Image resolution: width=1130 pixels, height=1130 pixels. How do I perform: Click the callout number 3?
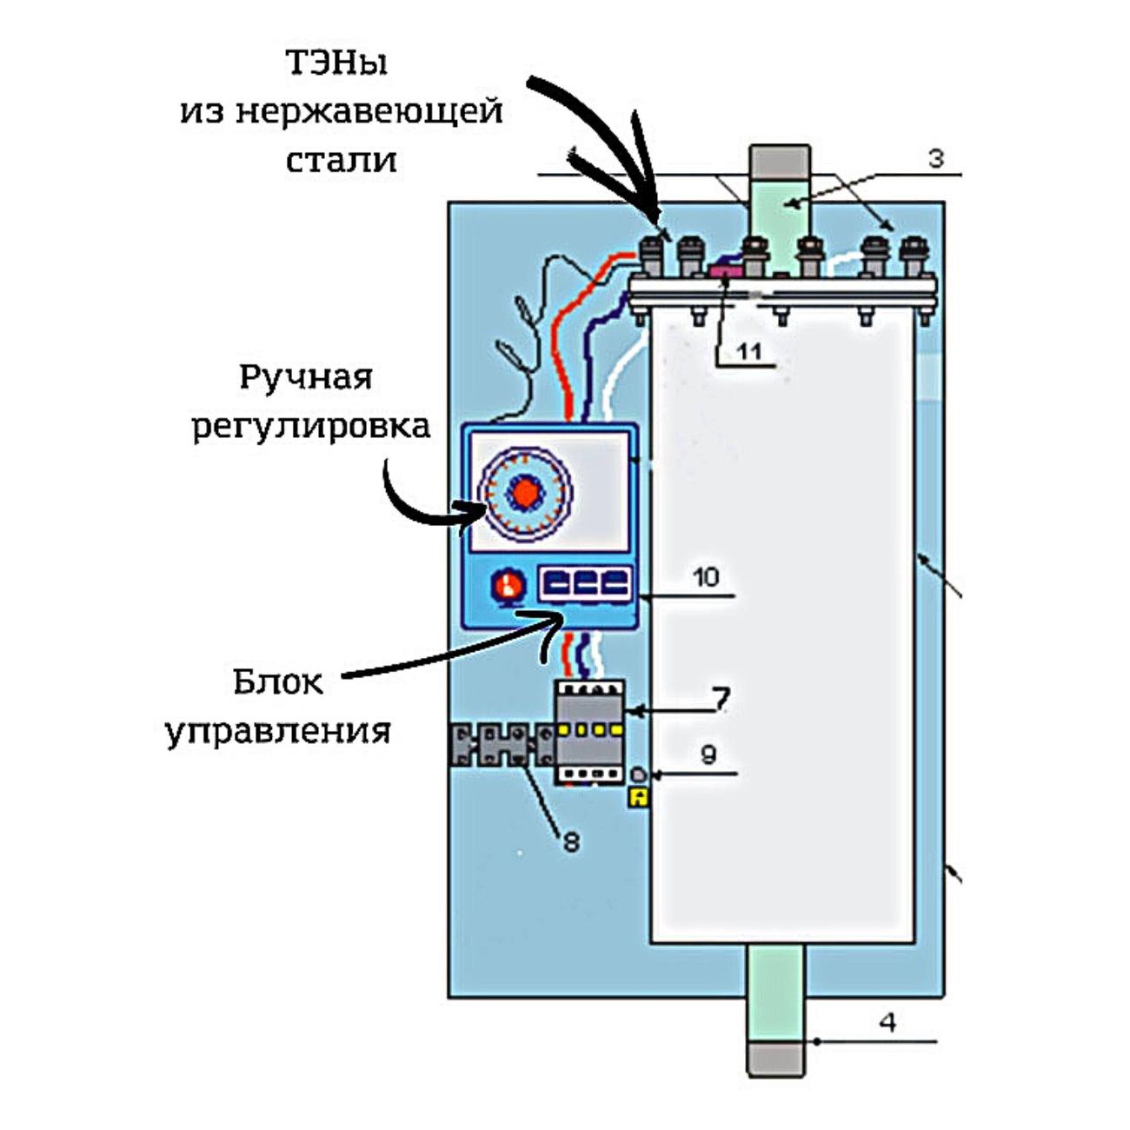tap(935, 159)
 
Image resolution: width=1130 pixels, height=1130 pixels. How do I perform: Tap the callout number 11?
tap(749, 350)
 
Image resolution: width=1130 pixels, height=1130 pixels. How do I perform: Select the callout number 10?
tap(706, 577)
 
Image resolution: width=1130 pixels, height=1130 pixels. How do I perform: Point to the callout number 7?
tap(721, 698)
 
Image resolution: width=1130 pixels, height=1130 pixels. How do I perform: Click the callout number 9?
tap(708, 754)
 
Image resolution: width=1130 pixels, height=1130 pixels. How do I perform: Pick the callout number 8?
tap(570, 841)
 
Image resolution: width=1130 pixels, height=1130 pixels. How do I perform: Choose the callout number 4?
tap(887, 1022)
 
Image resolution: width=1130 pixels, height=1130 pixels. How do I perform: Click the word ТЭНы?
tap(336, 63)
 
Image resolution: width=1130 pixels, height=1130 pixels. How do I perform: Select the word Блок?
tap(277, 682)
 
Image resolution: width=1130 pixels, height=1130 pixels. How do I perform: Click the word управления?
tap(278, 731)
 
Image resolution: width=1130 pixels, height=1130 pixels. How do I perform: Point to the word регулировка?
tap(310, 427)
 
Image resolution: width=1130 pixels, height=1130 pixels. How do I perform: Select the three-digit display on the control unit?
tap(586, 583)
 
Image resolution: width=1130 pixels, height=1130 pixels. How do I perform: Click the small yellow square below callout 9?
tap(639, 796)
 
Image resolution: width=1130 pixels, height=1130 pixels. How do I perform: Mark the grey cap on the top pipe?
tap(780, 160)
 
